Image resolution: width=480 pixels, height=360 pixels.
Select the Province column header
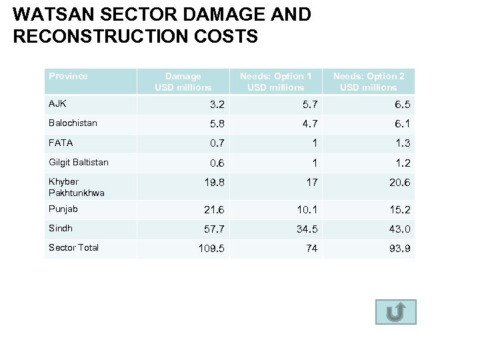click(x=68, y=76)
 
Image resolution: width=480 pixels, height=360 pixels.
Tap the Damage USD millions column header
click(x=183, y=82)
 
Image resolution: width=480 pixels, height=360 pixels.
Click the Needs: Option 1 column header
click(x=275, y=82)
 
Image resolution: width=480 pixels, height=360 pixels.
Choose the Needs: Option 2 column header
click(x=368, y=82)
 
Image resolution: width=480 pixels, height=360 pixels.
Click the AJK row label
click(x=57, y=104)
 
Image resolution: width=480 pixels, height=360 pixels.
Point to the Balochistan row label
click(x=73, y=123)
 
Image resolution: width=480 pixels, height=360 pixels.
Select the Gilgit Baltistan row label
click(x=78, y=162)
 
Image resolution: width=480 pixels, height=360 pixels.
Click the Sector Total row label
click(x=73, y=247)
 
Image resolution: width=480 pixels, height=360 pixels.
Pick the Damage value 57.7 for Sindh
click(x=213, y=229)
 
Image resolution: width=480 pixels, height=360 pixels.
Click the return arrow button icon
click(x=395, y=312)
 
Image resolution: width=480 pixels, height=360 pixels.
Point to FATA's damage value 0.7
click(x=216, y=143)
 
